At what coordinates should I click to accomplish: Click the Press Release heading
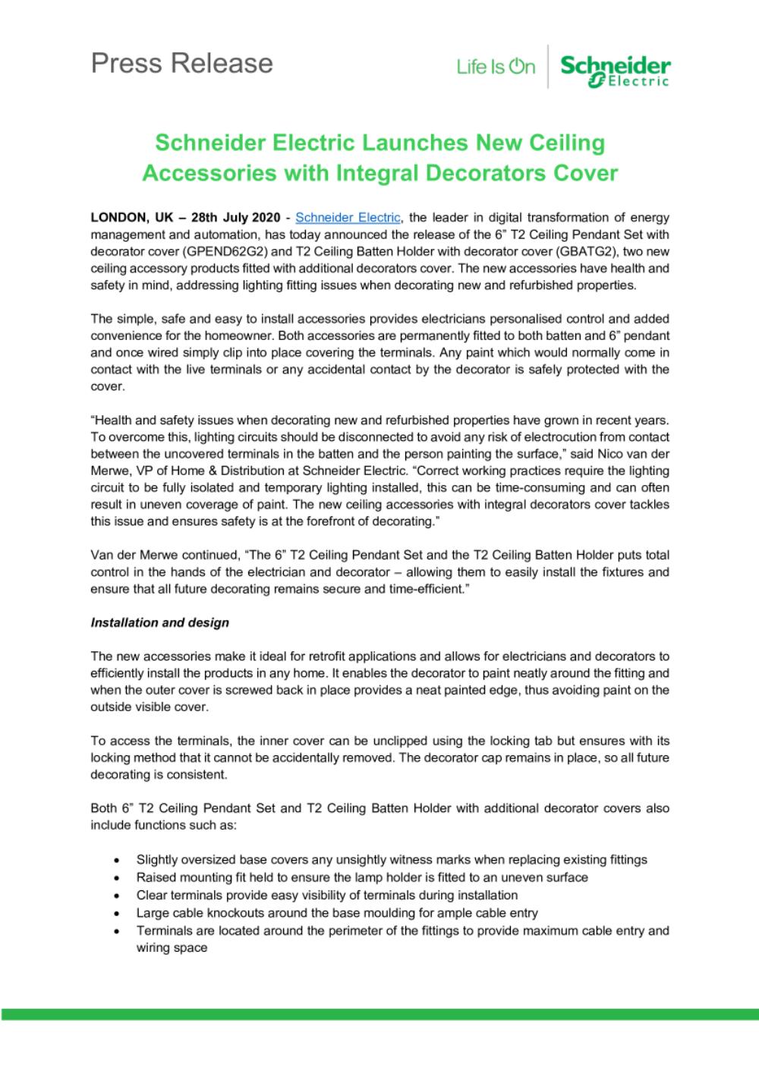tap(181, 63)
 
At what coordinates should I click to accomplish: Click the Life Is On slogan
tap(496, 68)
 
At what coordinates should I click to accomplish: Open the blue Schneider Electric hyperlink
tap(348, 217)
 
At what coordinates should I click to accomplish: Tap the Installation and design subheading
tap(159, 622)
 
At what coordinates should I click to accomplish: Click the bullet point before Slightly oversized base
tap(115, 861)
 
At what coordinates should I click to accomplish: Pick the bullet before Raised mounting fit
tap(115, 878)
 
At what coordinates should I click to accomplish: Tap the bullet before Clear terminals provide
tap(115, 896)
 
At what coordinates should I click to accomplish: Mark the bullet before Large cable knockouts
tap(115, 913)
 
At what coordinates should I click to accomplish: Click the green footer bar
tap(379, 1014)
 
